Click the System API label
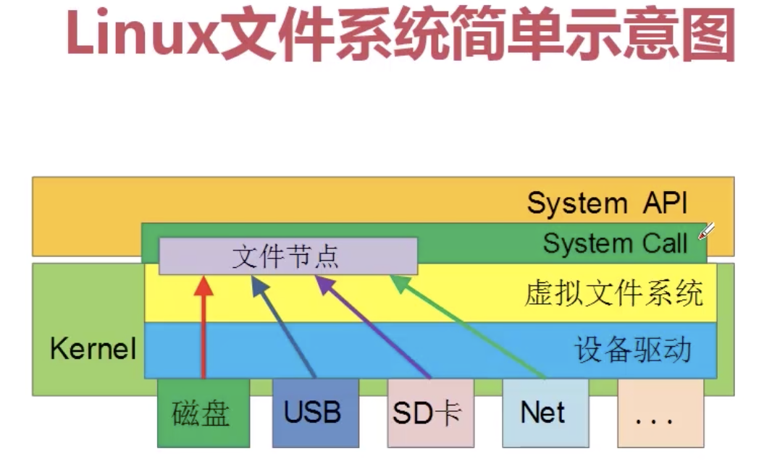point(607,203)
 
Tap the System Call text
point(616,244)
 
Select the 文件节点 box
point(288,256)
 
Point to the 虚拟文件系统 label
point(613,293)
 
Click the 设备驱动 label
point(633,350)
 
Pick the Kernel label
point(93,349)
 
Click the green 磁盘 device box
point(204,413)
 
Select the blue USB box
point(316,413)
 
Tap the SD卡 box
point(431,413)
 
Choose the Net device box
point(545,413)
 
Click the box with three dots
point(660,413)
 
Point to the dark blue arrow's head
point(259,285)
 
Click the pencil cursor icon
point(707,232)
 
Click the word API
point(665,203)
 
